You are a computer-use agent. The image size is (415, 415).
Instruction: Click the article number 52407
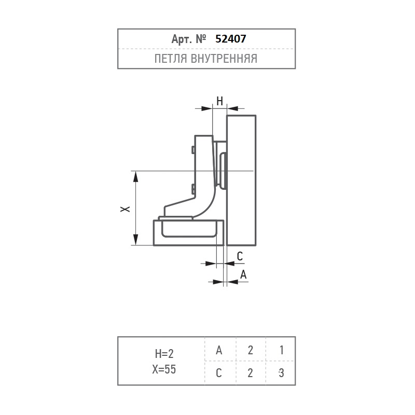coord(230,39)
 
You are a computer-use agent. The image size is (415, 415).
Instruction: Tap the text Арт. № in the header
coord(189,39)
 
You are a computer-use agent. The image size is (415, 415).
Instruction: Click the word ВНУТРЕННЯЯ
coord(224,59)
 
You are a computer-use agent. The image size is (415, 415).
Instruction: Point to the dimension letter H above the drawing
coord(219,101)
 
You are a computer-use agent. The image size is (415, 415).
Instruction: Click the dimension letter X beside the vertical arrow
coord(125,209)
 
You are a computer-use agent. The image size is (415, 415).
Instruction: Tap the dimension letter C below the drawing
coord(240,256)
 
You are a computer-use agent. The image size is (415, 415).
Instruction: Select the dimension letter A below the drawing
coord(243,274)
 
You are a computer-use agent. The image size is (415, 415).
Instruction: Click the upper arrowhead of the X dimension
coord(135,176)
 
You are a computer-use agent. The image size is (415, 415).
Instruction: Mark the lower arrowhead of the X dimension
coord(135,240)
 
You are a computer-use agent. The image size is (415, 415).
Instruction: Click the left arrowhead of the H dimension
coord(207,108)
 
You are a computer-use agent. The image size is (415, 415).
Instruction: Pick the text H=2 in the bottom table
coord(164,354)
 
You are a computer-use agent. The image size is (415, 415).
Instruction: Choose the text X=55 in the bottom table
coord(164,369)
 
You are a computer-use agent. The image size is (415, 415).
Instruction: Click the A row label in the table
coord(219,350)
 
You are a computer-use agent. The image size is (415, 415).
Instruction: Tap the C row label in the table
coord(218,373)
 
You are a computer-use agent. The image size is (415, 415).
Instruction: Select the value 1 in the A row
coord(281,350)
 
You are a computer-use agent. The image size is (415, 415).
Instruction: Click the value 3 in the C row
coord(281,373)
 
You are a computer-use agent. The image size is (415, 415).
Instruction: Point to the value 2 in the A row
coord(250,350)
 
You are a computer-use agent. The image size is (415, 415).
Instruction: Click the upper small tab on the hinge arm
coord(193,150)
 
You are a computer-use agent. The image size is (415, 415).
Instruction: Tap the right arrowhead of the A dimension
coord(232,282)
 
